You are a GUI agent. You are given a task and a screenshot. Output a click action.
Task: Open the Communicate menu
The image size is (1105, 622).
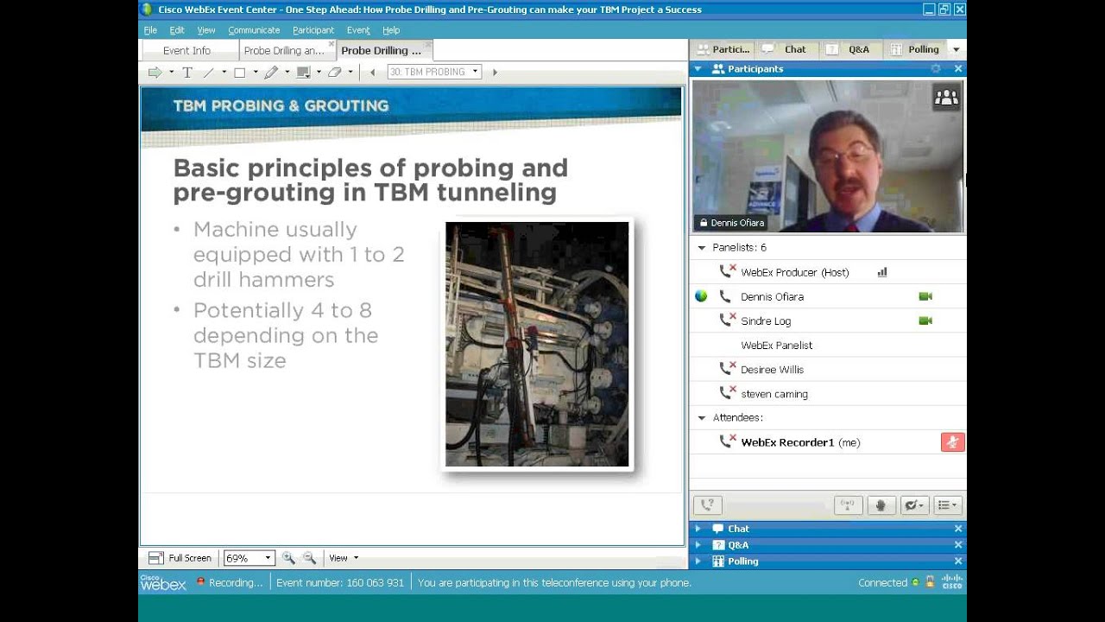(x=254, y=30)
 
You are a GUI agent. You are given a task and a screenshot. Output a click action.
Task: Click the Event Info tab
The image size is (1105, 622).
(x=186, y=51)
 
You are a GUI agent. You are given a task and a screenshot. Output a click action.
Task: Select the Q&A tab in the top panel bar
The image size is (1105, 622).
(x=858, y=49)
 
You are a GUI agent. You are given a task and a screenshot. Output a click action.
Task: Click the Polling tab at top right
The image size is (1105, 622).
(x=923, y=49)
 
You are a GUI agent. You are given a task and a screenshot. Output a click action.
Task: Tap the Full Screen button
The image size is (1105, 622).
(x=180, y=558)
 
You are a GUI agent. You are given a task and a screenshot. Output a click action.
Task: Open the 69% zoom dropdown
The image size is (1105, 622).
(x=248, y=558)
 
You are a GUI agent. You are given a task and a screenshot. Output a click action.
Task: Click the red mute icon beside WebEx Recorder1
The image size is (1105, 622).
(x=952, y=442)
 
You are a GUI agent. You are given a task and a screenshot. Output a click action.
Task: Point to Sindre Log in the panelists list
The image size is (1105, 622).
(x=765, y=321)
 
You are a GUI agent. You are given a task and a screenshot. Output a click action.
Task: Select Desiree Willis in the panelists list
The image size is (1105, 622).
(x=772, y=369)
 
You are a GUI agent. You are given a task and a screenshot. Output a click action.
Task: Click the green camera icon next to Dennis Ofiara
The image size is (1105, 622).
(x=925, y=296)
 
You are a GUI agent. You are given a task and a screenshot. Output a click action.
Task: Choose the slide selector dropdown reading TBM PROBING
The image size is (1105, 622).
(x=433, y=72)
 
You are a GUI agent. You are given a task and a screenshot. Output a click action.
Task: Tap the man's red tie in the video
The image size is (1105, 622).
(x=852, y=227)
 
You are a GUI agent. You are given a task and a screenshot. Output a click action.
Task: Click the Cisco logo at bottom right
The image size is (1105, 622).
(x=951, y=582)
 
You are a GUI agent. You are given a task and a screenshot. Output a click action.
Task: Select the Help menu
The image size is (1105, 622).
(x=391, y=30)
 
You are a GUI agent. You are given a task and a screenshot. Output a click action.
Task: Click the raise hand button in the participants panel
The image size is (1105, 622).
(x=881, y=505)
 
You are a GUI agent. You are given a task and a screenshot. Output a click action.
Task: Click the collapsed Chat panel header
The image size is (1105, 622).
(x=738, y=529)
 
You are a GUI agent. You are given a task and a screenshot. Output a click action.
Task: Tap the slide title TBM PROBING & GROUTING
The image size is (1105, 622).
(x=281, y=105)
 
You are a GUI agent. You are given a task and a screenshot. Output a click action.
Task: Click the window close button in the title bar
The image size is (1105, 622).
(x=959, y=10)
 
